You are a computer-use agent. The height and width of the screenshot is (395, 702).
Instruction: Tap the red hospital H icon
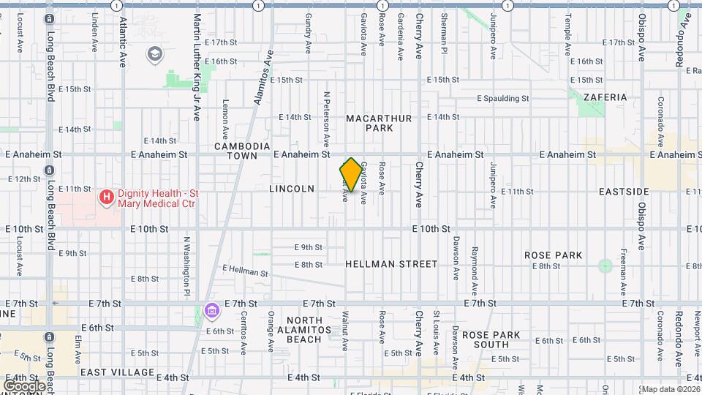tap(107, 196)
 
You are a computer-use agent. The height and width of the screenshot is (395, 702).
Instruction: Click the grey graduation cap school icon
tap(155, 53)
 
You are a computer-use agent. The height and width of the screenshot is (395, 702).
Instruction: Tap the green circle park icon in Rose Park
tap(605, 266)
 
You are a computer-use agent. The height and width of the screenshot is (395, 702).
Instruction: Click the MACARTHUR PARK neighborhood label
tap(379, 123)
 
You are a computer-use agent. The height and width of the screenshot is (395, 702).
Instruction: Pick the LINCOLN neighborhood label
tap(292, 189)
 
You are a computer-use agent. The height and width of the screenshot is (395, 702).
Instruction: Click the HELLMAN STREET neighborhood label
tap(391, 264)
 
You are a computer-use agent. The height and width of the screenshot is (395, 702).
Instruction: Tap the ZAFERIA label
tap(605, 97)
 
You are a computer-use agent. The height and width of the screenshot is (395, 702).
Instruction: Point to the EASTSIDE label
tap(623, 192)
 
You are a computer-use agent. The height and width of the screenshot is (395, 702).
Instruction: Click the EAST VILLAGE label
tap(117, 372)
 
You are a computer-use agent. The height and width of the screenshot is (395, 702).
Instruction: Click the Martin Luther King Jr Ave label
tap(197, 66)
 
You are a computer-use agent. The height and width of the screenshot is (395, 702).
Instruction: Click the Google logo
tap(24, 385)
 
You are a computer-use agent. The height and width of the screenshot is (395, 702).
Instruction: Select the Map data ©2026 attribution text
tap(671, 389)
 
